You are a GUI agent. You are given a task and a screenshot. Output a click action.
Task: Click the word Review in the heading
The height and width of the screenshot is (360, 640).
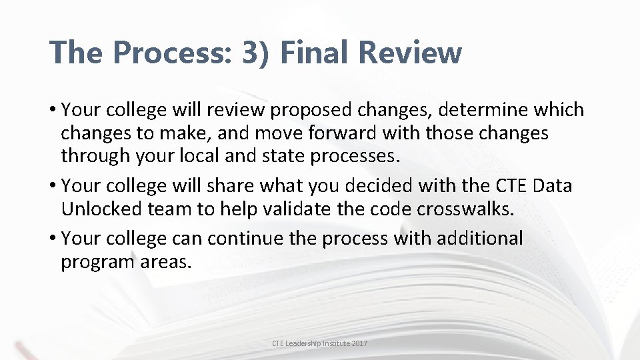[417, 52]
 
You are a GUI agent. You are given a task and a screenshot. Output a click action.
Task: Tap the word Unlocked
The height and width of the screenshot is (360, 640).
[101, 209]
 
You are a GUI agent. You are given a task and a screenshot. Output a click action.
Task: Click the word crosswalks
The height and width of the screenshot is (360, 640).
[466, 209]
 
